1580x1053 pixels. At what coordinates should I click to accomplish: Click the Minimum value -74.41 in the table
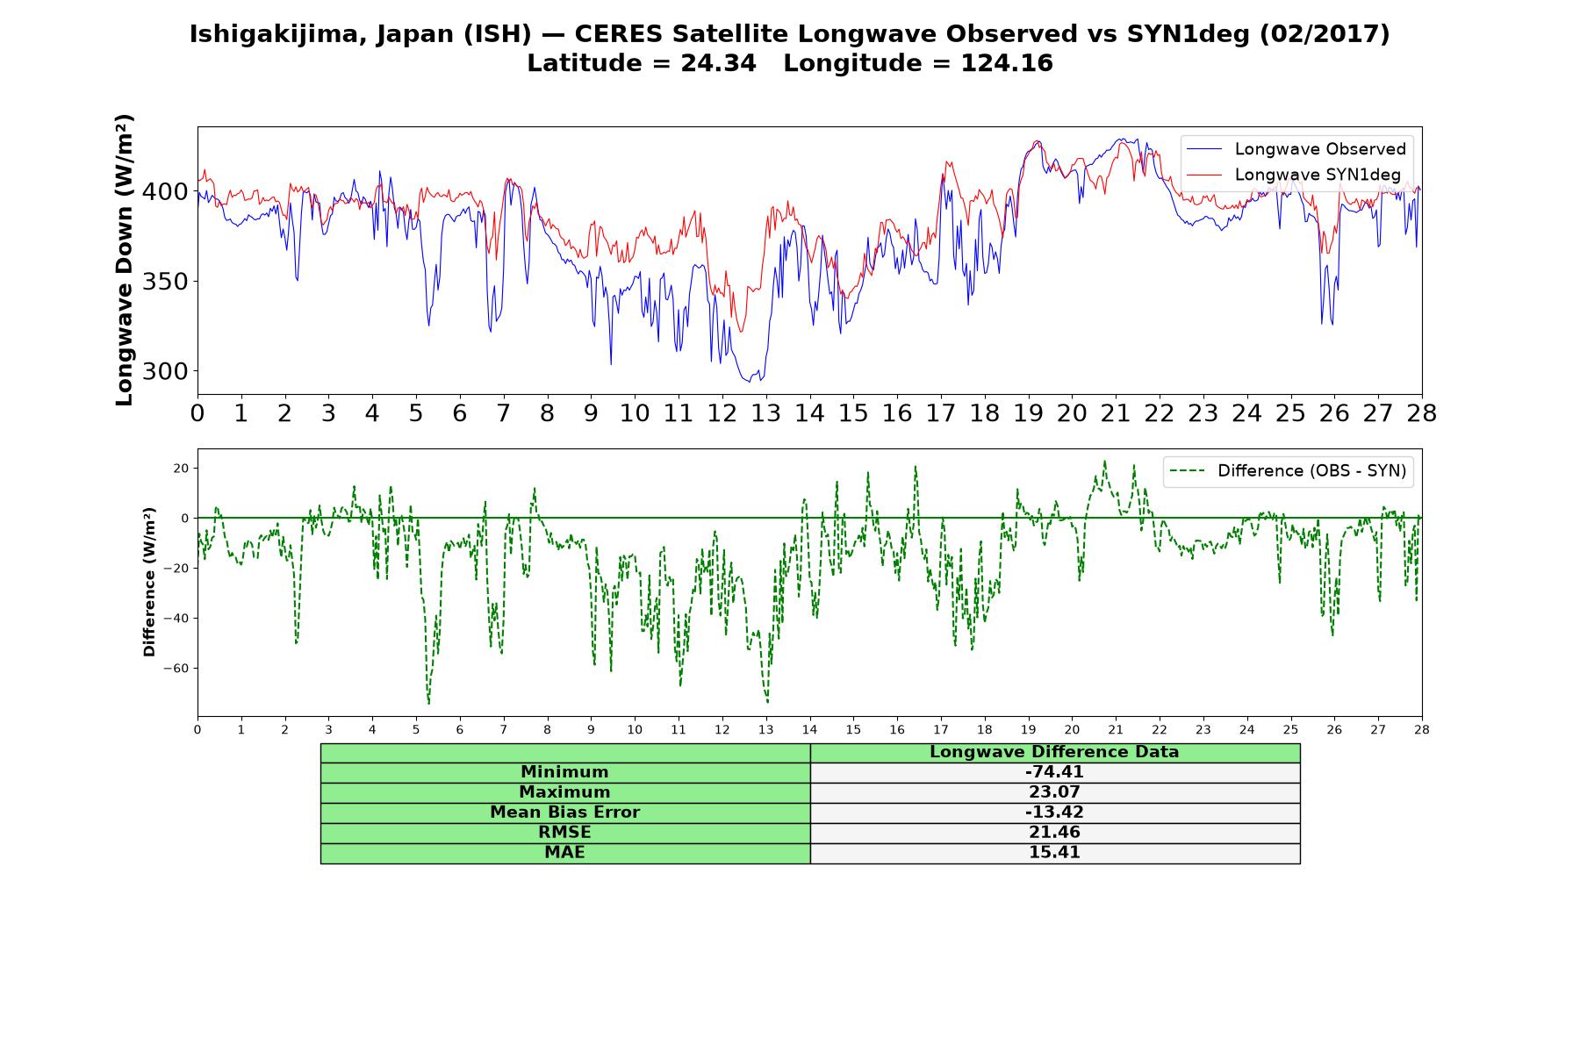pos(1054,772)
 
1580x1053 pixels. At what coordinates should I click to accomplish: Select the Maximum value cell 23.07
pos(1054,792)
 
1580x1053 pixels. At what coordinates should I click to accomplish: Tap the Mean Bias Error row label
pos(564,813)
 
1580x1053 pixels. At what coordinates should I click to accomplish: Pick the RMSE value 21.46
pos(1054,833)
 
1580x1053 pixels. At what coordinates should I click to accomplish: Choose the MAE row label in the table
pos(564,853)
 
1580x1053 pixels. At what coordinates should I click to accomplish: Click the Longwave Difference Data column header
pos(1054,752)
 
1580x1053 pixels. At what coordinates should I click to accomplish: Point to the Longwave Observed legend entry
pos(1296,149)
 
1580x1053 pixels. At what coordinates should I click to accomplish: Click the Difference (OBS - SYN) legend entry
pos(1289,471)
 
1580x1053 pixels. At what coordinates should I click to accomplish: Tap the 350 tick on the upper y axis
pos(165,282)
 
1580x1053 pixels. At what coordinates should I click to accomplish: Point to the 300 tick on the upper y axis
pos(165,371)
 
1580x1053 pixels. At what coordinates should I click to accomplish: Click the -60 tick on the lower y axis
pos(176,669)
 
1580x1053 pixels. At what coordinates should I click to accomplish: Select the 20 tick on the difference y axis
pos(181,469)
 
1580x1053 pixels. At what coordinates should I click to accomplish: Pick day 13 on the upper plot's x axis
pos(765,413)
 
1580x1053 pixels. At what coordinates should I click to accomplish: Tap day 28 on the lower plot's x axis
pos(1422,729)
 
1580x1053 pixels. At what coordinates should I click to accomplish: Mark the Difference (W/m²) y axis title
pos(149,582)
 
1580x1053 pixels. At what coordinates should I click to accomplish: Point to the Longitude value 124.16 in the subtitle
pos(1007,63)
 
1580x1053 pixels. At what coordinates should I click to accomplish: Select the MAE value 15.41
pos(1054,853)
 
